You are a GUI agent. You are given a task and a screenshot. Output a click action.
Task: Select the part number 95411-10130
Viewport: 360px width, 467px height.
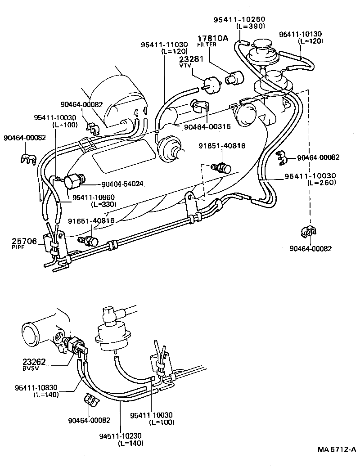point(301,34)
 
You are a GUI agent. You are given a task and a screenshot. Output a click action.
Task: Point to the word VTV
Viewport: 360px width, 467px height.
point(185,65)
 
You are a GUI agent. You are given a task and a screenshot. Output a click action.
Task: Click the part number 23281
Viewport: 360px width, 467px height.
point(192,59)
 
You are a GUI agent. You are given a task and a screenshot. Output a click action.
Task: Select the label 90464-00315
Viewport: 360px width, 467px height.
point(207,127)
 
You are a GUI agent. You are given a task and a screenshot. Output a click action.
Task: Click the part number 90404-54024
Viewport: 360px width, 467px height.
point(122,184)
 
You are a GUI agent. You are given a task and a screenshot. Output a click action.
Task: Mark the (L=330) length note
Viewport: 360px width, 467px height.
point(103,204)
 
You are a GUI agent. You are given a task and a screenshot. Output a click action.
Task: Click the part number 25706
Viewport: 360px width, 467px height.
point(24,241)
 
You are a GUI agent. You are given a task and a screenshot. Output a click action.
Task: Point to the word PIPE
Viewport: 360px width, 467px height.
point(18,247)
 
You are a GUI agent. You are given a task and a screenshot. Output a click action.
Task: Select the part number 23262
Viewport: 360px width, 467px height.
point(34,361)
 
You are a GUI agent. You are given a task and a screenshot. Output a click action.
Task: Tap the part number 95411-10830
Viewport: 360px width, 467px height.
point(36,388)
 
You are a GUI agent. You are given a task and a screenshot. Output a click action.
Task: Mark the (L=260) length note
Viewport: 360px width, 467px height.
point(323,183)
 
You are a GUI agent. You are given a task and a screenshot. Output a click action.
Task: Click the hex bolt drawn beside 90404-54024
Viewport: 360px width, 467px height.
point(73,182)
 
